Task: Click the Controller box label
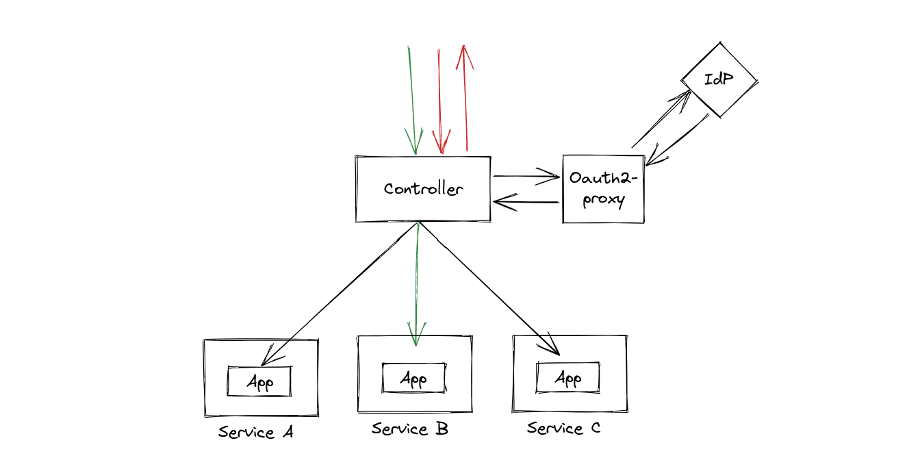pyautogui.click(x=423, y=189)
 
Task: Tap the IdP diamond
pyautogui.click(x=719, y=79)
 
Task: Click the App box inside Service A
pyautogui.click(x=259, y=381)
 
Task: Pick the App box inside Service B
pyautogui.click(x=413, y=378)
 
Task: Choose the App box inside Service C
pyautogui.click(x=567, y=378)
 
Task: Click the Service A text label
pyautogui.click(x=256, y=433)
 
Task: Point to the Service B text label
pyautogui.click(x=410, y=429)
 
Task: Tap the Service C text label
pyautogui.click(x=564, y=429)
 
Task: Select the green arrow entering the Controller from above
pyautogui.click(x=411, y=96)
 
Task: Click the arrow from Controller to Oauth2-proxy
pyautogui.click(x=526, y=177)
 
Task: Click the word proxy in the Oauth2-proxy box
pyautogui.click(x=603, y=201)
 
